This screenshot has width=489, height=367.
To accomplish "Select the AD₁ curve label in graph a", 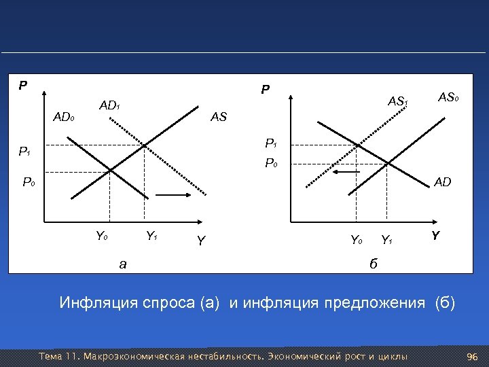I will tap(109, 106).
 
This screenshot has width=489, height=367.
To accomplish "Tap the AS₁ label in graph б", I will tap(397, 102).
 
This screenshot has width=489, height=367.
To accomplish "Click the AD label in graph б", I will tap(443, 182).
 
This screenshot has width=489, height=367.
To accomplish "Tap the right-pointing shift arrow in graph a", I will tap(175, 195).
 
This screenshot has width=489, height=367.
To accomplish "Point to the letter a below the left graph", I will tap(122, 264).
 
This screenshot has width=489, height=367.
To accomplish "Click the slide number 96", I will tap(473, 357).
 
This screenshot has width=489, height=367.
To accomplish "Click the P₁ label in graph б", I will tap(270, 143).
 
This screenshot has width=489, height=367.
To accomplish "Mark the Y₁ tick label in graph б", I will tap(386, 239).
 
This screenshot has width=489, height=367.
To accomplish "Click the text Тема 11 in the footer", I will tap(60, 357).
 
